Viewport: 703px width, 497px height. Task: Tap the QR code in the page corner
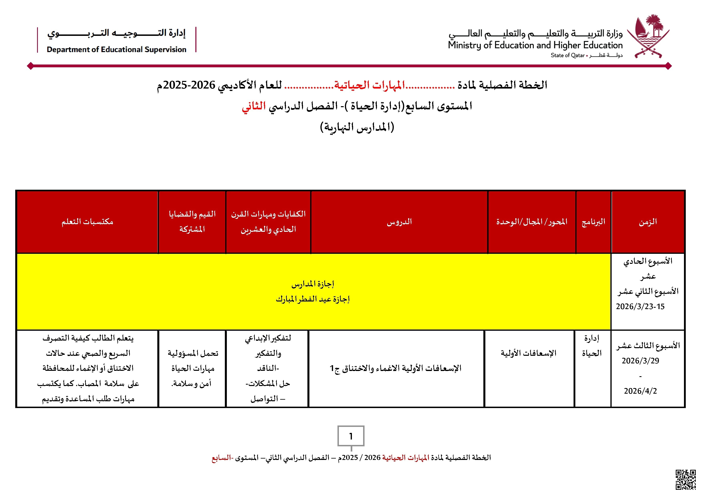point(686,480)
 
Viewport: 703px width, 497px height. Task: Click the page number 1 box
point(351,436)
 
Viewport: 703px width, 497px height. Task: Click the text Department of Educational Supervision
point(116,49)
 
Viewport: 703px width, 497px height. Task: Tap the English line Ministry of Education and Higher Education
point(535,45)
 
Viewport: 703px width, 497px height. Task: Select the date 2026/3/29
point(640,361)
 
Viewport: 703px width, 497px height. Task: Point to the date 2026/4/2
point(640,391)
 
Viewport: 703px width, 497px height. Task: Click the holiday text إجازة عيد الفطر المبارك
point(313,299)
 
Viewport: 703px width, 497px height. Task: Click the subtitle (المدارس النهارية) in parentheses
point(357,127)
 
